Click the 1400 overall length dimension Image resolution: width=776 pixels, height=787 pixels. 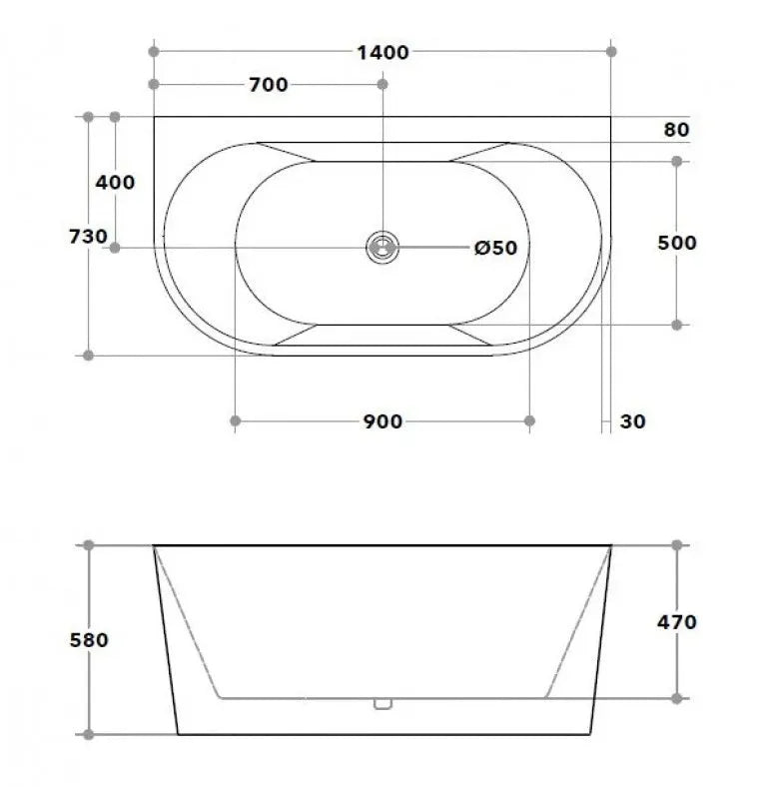point(383,52)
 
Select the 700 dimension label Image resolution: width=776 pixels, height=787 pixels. point(268,85)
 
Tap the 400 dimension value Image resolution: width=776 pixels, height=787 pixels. point(115,183)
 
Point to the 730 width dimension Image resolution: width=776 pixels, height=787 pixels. point(88,237)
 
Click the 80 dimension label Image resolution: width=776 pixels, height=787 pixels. point(676,129)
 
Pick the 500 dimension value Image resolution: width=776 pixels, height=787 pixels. point(677,243)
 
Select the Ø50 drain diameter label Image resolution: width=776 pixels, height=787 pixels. point(496,248)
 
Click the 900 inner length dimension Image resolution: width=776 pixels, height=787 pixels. point(383,421)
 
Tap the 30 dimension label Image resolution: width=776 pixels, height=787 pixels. point(633,421)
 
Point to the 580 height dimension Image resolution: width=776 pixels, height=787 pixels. point(88,640)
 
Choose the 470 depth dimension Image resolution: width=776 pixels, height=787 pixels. point(677,622)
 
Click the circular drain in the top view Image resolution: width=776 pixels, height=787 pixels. point(383,246)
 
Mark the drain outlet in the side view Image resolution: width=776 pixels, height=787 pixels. point(383,703)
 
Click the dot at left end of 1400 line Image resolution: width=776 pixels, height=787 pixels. point(153,51)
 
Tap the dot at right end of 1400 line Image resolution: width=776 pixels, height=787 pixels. point(611,51)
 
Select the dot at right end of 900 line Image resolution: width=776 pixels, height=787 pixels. point(529,421)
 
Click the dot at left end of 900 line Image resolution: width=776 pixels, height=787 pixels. point(235,421)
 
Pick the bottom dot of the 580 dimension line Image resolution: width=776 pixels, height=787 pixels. point(88,734)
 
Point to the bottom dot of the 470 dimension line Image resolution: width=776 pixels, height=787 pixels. point(677,697)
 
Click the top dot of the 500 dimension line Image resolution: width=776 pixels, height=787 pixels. point(677,161)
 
